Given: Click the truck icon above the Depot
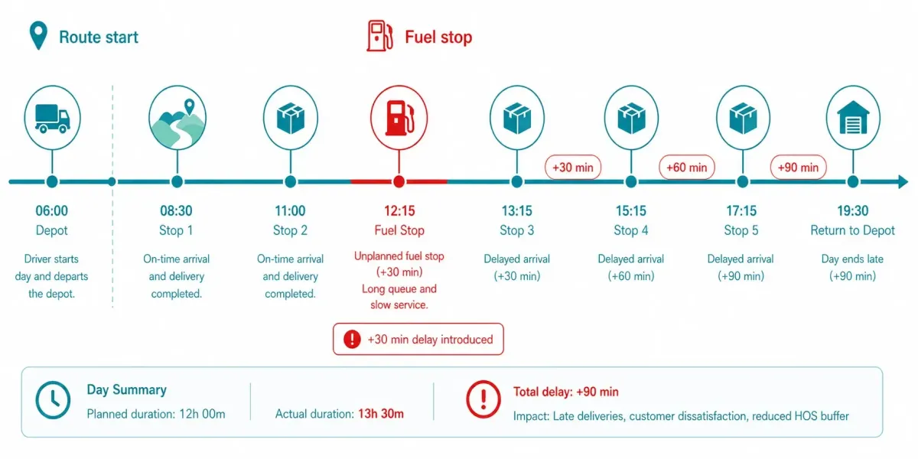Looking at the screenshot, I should click(x=51, y=118).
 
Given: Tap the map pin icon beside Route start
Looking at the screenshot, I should click(x=37, y=37).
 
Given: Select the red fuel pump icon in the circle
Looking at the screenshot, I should click(x=399, y=118).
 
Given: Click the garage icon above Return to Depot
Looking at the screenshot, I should click(x=852, y=118).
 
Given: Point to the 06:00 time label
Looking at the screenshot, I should click(x=51, y=211).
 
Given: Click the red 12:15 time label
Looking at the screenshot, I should click(x=399, y=211).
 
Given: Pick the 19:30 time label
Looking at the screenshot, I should click(x=852, y=211).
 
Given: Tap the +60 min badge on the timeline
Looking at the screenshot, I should click(x=687, y=167).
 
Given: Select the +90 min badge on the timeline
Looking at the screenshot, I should click(x=798, y=167).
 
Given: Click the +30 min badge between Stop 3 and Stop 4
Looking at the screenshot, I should click(x=573, y=167).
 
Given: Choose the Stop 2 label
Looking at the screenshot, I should click(x=290, y=230).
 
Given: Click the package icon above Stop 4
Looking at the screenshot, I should click(x=630, y=118).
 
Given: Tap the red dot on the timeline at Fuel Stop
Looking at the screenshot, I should click(x=399, y=182).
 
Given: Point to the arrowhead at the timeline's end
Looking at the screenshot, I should click(x=903, y=182).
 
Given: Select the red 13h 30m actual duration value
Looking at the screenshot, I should click(x=380, y=414).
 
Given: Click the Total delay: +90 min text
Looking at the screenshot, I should click(x=565, y=392).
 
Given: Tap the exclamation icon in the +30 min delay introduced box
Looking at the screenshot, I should click(x=352, y=340).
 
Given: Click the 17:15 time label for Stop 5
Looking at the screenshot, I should click(x=741, y=211).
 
